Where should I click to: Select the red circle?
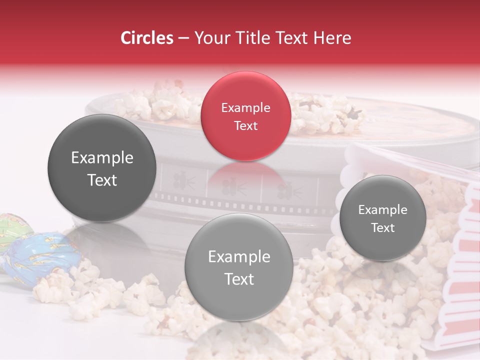pos(245,116)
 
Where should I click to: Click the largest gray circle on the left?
pos(102,168)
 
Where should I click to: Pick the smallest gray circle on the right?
pos(382,218)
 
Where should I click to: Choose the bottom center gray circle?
pos(239,267)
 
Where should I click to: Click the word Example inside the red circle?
pos(245,107)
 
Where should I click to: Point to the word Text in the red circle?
pos(245,125)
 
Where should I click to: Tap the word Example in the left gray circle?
pos(102,158)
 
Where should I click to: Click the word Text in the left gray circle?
pos(102,180)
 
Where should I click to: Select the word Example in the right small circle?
pos(382,209)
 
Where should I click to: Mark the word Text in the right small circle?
pos(382,227)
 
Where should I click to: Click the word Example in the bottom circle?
pos(239,257)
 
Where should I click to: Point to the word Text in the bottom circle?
pos(239,279)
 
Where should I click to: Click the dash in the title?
pos(183,38)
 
